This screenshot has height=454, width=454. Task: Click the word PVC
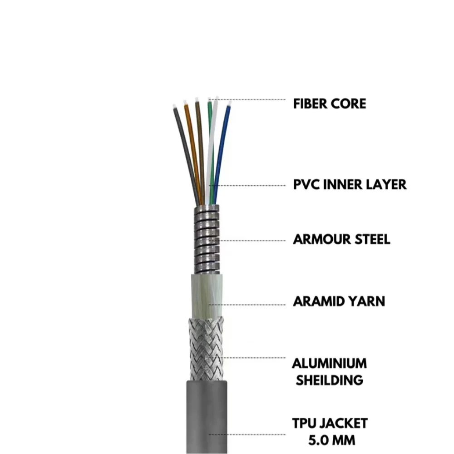pos(306,185)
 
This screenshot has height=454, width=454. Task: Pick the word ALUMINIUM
pos(330,364)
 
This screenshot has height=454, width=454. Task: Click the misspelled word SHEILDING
pos(330,380)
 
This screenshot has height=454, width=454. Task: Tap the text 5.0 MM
pos(330,440)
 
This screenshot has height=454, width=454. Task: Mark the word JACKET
pos(346,424)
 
